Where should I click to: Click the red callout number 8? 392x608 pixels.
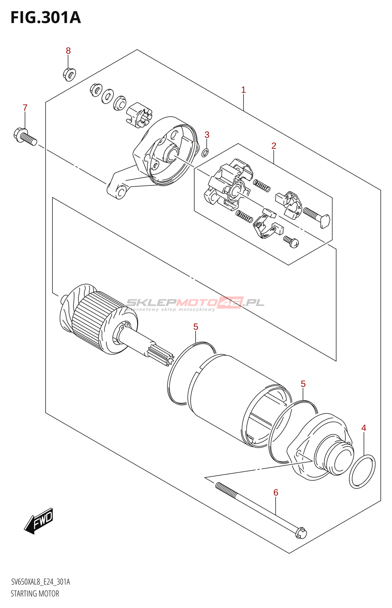pos(68,51)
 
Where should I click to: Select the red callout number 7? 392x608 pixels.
pos(25,108)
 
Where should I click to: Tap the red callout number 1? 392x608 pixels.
pos(243,90)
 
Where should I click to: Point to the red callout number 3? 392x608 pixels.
pos(207,135)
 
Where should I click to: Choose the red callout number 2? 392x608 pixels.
pos(274,146)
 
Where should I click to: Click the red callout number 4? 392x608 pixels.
pos(364,428)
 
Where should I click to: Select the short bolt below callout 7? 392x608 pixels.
pos(25,136)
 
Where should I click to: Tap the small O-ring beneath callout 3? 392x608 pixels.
pos(205,152)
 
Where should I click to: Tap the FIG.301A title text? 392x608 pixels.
pos(46,18)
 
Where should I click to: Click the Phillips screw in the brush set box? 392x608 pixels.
pos(291,241)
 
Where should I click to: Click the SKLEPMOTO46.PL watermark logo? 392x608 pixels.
pos(195,304)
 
